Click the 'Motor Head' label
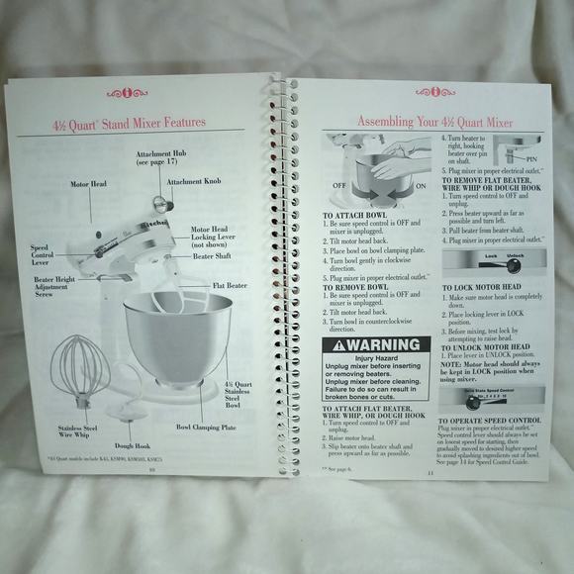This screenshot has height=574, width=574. coord(88,184)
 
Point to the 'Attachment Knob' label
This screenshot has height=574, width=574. coord(193,182)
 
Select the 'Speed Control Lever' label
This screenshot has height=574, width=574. coord(41,255)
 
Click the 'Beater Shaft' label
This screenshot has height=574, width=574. coord(212,256)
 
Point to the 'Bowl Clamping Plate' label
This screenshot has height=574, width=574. coord(206,428)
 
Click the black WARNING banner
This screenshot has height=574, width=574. coord(376,345)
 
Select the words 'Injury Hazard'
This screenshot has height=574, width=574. coord(376,358)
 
